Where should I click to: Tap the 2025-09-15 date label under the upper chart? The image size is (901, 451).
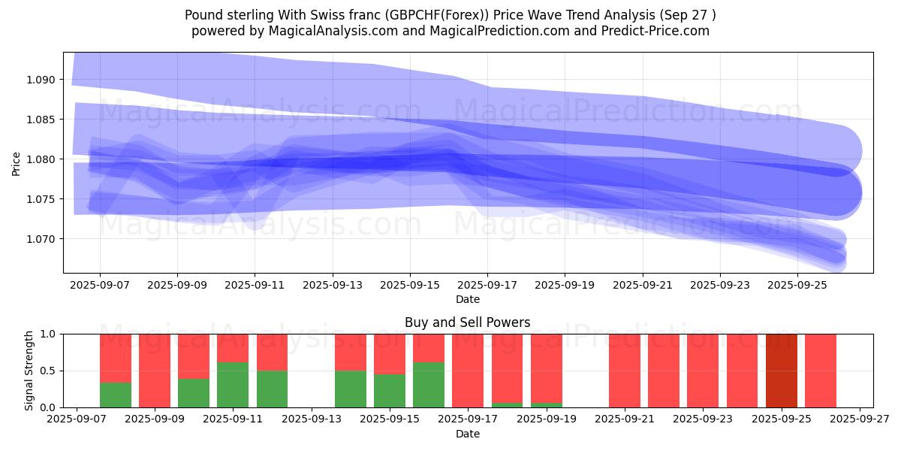(x=410, y=285)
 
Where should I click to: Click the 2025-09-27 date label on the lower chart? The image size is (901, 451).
(x=860, y=419)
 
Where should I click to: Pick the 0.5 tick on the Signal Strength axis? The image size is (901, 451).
(x=50, y=371)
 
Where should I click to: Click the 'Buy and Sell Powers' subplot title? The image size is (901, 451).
(x=467, y=322)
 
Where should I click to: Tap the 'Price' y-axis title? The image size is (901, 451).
(x=16, y=163)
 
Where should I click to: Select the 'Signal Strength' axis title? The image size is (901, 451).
(x=29, y=370)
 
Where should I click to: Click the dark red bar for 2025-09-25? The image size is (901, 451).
(x=782, y=370)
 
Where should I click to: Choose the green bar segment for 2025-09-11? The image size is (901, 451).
(x=233, y=385)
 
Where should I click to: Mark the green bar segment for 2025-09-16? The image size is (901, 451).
(x=429, y=385)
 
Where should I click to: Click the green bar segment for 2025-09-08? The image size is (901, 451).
(x=116, y=395)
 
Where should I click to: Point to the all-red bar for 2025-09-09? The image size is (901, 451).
(x=155, y=370)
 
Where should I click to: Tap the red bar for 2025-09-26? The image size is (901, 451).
(x=821, y=370)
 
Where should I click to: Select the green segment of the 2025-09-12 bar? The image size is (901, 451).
(x=272, y=389)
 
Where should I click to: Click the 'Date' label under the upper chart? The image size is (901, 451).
(x=467, y=299)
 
